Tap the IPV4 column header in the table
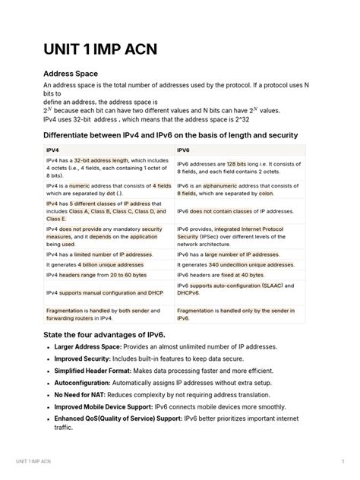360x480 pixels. [54, 150]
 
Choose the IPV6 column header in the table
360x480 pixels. [184, 150]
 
